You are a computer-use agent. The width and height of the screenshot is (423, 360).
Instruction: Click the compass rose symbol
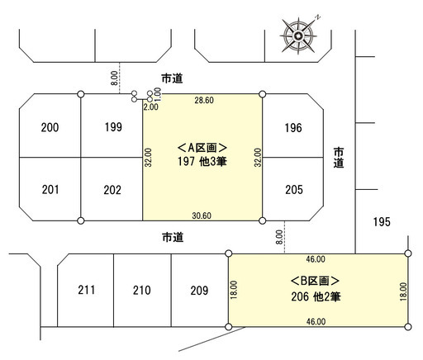[x=298, y=36]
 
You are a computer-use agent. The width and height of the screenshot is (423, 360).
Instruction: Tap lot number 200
[x=50, y=128]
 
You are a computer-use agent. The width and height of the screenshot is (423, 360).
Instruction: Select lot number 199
[x=113, y=127]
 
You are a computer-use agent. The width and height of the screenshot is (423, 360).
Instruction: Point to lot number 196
[x=293, y=128]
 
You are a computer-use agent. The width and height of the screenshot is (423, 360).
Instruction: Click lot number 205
[x=294, y=190]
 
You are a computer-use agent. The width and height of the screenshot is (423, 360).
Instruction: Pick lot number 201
[x=50, y=190]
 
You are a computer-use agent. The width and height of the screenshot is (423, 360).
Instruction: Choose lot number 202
[x=112, y=190]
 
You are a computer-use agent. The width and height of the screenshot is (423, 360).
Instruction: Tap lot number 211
[x=87, y=290]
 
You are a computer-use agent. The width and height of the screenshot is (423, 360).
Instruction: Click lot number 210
[x=142, y=291]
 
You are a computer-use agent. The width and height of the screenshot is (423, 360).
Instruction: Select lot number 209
[x=199, y=291]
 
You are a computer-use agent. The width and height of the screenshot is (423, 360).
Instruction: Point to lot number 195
[x=382, y=222]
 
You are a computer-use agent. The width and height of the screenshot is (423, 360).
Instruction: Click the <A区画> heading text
[x=202, y=148]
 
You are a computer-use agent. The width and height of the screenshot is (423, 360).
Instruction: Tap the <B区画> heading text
[x=315, y=281]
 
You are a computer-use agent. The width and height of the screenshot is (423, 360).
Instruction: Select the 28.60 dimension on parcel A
[x=204, y=100]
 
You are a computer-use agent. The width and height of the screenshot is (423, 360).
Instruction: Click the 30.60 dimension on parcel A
[x=202, y=216]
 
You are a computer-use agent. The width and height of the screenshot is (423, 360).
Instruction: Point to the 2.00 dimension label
[x=151, y=107]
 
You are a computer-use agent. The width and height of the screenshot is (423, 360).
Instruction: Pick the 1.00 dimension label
[x=157, y=94]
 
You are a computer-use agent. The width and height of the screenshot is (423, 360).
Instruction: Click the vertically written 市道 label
[x=339, y=158]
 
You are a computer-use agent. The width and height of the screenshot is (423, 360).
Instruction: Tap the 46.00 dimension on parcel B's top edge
[x=316, y=259]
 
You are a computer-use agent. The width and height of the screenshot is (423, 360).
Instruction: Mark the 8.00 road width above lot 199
[x=114, y=78]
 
